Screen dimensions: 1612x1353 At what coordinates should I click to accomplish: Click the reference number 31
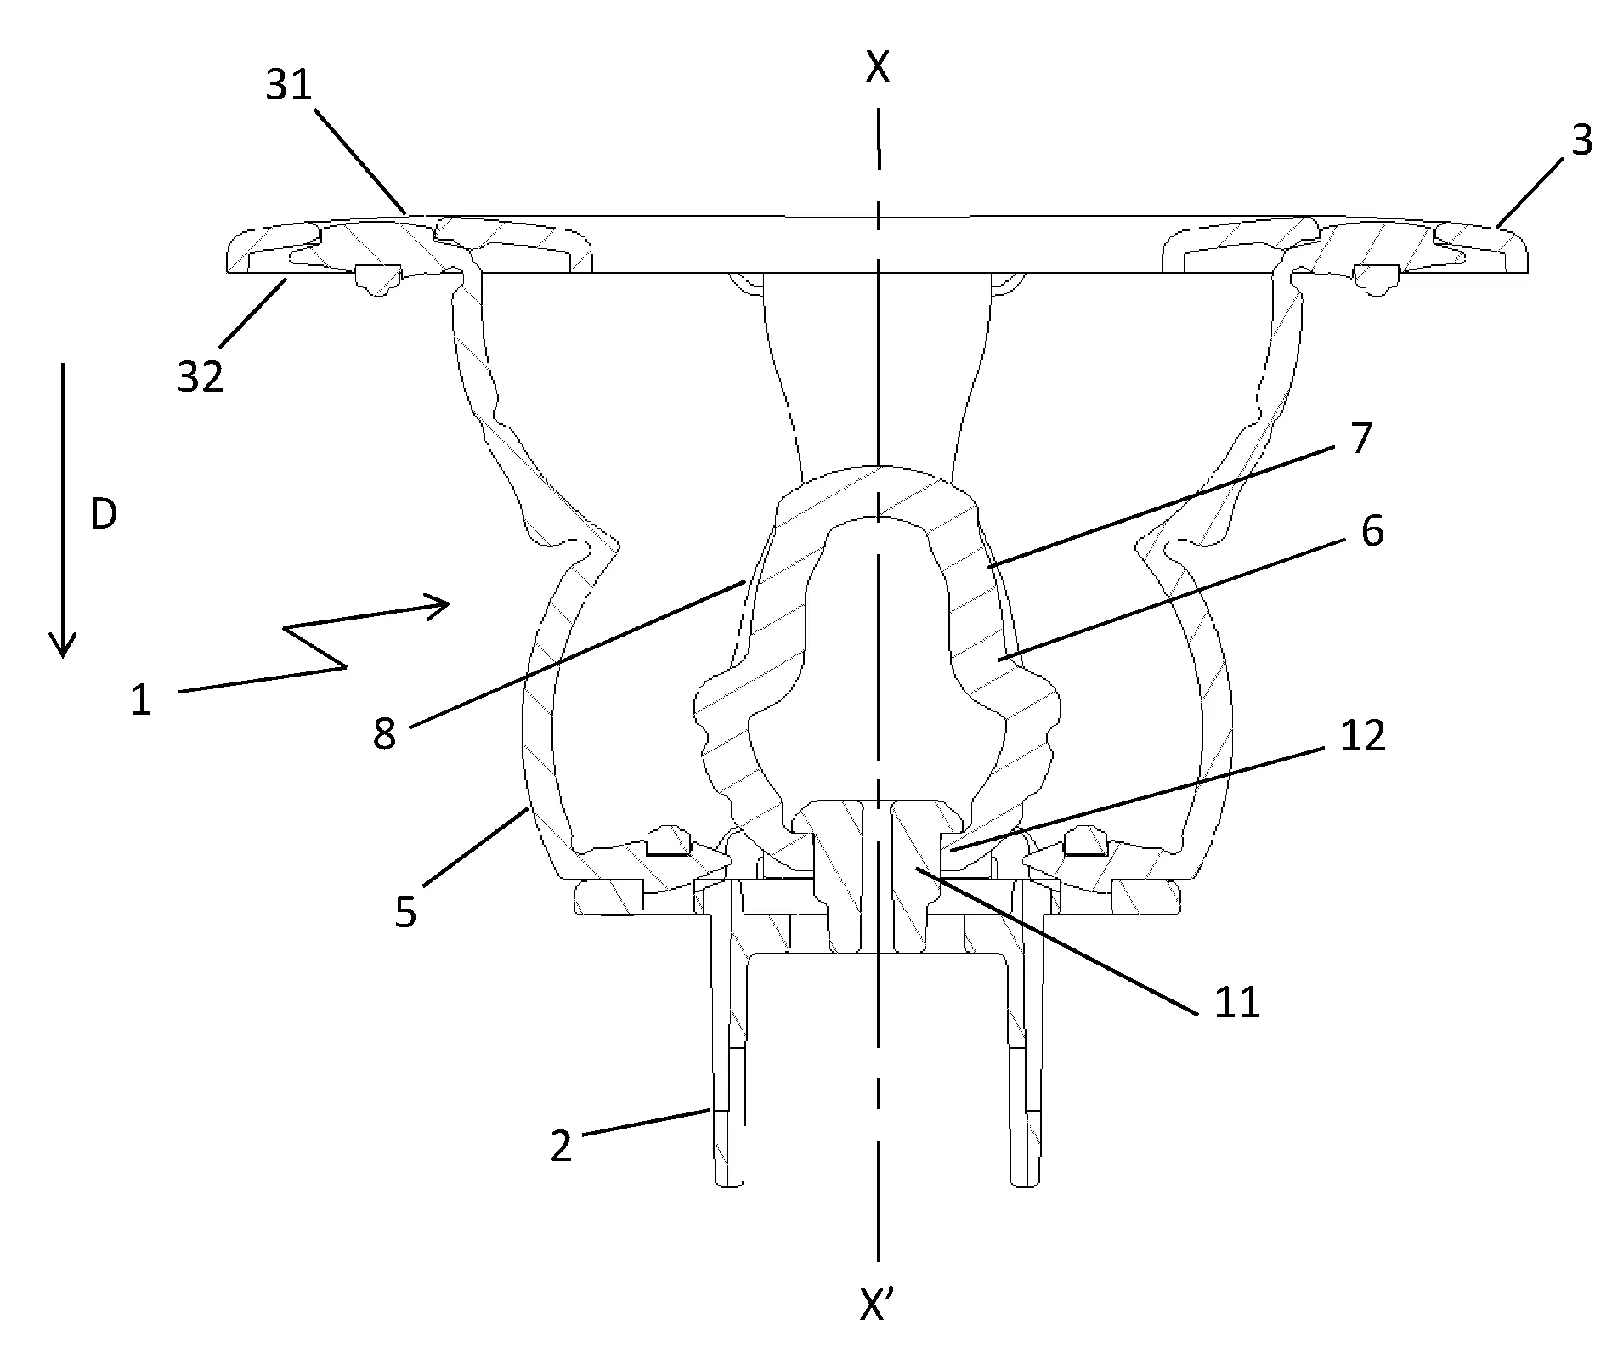(290, 86)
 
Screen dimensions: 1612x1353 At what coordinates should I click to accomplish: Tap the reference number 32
(201, 376)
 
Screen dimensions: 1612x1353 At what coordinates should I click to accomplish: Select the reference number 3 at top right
(1581, 141)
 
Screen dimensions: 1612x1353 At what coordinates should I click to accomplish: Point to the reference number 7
(1360, 439)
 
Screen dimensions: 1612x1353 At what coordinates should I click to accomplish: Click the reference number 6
(1372, 531)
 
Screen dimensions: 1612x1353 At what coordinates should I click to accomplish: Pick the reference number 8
(384, 733)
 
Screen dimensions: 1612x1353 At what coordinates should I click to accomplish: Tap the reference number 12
(1362, 736)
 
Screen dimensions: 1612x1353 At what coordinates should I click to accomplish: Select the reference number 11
(1236, 1004)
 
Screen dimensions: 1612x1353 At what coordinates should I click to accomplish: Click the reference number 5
(405, 912)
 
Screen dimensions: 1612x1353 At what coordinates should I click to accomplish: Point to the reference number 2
(561, 1146)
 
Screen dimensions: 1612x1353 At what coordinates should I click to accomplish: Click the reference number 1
(141, 701)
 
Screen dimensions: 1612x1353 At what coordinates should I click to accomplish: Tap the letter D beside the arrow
(104, 515)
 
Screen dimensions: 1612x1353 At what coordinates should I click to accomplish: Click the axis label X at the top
(878, 68)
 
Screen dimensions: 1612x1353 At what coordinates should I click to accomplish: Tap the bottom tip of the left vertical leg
(728, 1185)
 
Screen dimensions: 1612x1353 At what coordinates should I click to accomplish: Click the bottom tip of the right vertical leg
(1025, 1185)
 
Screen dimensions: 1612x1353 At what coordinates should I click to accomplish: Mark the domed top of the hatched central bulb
(880, 467)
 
